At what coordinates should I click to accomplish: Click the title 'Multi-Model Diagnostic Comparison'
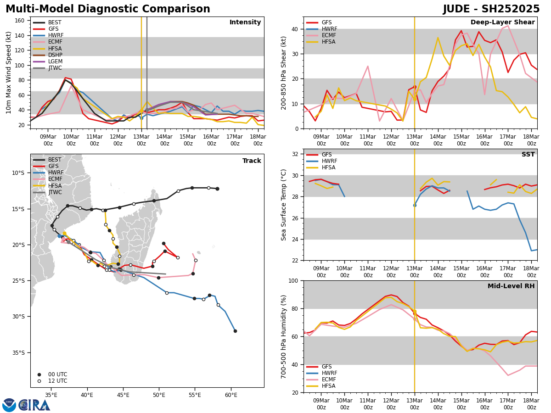coord(108,9)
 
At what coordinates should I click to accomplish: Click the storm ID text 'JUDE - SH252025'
coord(491,9)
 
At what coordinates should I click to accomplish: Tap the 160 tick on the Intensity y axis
coord(21,21)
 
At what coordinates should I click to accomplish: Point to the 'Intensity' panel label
coord(245,22)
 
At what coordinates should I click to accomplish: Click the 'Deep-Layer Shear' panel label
coord(502,22)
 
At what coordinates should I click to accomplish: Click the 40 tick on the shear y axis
coord(295,29)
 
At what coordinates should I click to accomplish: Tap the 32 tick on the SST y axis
coord(295,154)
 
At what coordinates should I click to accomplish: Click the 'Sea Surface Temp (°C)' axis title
coord(284,205)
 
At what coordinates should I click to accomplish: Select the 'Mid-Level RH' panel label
coord(511,286)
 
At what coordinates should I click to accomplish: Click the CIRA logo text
coord(34,405)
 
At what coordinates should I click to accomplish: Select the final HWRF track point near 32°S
coord(235,331)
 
